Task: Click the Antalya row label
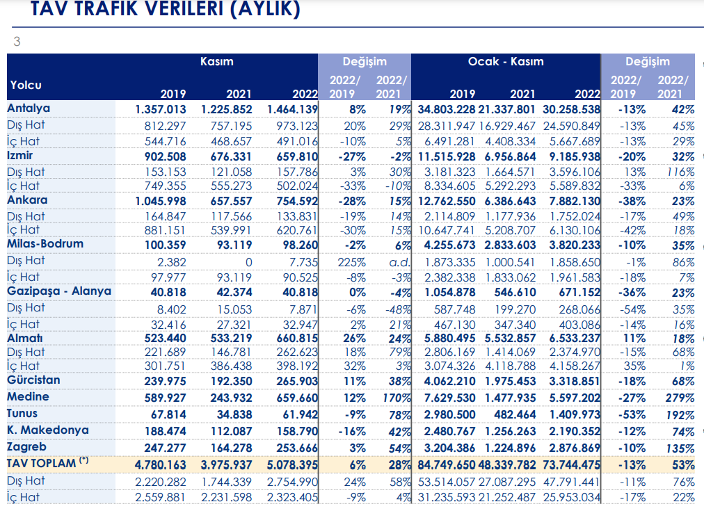[29, 108]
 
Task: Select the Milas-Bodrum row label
[45, 244]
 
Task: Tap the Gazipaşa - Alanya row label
[59, 291]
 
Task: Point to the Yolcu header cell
[26, 85]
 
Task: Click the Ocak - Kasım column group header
[506, 61]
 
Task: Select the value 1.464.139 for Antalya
[292, 109]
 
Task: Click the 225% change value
[351, 262]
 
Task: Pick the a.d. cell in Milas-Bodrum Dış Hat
[399, 262]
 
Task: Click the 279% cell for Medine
[680, 398]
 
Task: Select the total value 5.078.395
[292, 465]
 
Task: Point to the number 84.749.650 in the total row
[447, 465]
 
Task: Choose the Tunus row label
[22, 414]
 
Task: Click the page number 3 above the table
[17, 42]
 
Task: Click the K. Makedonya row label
[48, 430]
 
